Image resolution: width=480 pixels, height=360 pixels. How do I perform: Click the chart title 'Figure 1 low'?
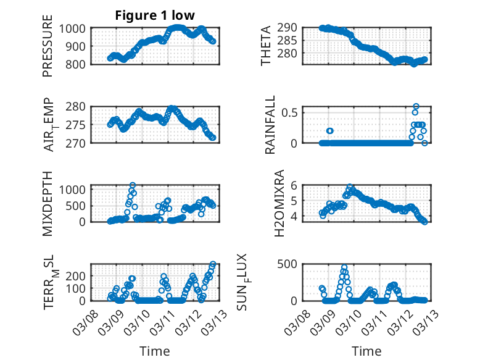click(155, 15)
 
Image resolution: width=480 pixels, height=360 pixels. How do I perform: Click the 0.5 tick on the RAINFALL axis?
click(292, 112)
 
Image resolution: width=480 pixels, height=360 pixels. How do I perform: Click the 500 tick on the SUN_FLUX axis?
click(292, 264)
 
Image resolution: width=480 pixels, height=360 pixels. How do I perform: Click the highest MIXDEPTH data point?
click(133, 185)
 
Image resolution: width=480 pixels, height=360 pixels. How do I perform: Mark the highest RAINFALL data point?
click(416, 106)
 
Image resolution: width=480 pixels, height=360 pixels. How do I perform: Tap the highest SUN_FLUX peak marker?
click(344, 267)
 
